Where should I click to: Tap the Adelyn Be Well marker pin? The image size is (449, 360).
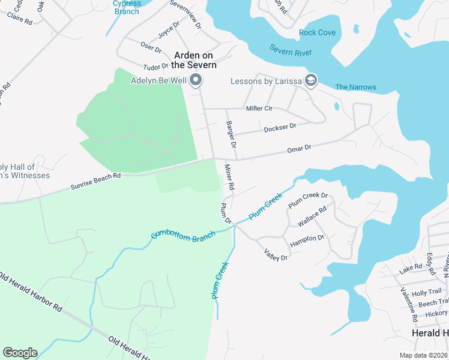[196, 80]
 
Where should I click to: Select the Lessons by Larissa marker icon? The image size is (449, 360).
[311, 80]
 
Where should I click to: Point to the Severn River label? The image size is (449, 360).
[290, 50]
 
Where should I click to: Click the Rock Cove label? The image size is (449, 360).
[317, 32]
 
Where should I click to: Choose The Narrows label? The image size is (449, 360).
[356, 87]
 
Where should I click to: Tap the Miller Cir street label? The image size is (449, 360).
[259, 109]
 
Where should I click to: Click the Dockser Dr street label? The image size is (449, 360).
[280, 128]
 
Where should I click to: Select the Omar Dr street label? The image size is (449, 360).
[299, 148]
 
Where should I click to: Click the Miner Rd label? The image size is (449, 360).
[229, 178]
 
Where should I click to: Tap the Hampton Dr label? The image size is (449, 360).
[307, 241]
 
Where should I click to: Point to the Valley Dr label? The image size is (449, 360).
[277, 254]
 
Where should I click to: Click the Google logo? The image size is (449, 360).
[20, 353]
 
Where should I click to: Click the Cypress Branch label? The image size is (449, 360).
[127, 7]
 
